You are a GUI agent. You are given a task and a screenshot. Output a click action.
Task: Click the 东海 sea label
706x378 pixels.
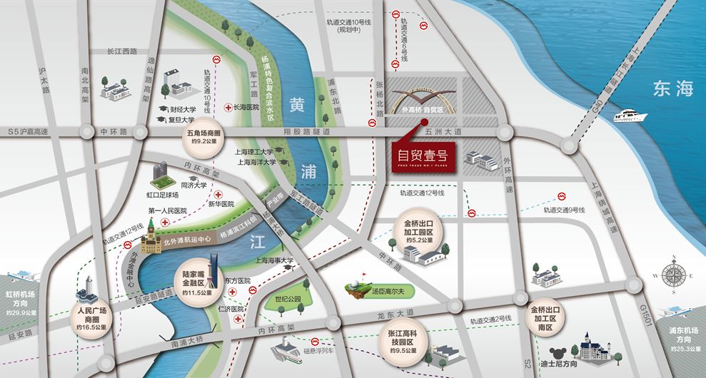coord(672,88)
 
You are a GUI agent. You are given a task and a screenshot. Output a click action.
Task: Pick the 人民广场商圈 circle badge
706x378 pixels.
coord(91,316)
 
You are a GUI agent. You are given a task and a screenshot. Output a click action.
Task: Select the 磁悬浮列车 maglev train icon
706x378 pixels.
coord(290,347)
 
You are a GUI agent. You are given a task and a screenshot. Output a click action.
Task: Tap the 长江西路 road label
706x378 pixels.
coord(121,51)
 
